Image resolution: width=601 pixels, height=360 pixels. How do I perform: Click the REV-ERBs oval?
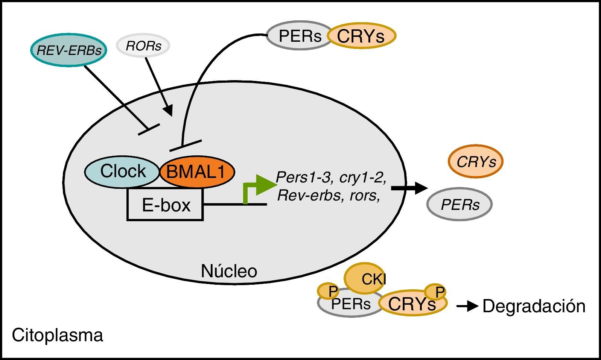68,50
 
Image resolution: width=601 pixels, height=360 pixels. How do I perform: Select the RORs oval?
143,46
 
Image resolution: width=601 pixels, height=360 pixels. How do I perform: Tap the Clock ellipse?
122,172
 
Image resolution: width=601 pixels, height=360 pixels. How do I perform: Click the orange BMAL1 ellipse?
197,172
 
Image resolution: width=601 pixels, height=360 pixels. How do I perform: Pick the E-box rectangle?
166,205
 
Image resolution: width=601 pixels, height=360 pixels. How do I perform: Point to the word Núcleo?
229,271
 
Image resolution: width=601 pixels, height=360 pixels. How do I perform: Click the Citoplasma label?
57,335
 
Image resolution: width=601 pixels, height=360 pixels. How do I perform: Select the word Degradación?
534,306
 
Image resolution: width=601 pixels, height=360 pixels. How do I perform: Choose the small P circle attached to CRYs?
435,291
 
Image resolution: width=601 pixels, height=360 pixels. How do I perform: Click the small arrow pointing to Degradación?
467,307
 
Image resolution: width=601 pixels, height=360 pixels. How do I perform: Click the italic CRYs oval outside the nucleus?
476,161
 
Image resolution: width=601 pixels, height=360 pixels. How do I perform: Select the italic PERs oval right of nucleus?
459,204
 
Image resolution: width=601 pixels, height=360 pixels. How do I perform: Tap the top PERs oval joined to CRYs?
300,36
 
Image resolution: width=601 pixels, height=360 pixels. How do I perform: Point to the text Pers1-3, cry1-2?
331,177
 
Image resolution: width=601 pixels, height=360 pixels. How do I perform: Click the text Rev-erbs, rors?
328,196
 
